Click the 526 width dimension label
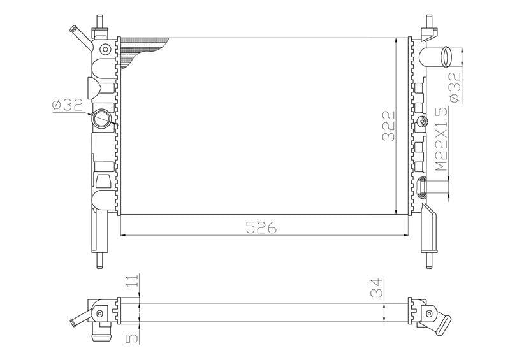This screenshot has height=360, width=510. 261,227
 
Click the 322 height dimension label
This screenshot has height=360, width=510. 388,126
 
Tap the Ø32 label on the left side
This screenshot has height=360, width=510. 68,105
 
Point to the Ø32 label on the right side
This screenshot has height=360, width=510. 455,87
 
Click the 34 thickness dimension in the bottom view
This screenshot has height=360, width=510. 377,288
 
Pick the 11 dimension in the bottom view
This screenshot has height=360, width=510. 132,280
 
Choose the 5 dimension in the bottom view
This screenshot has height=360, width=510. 132,338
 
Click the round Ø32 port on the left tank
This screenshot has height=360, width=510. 101,119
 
